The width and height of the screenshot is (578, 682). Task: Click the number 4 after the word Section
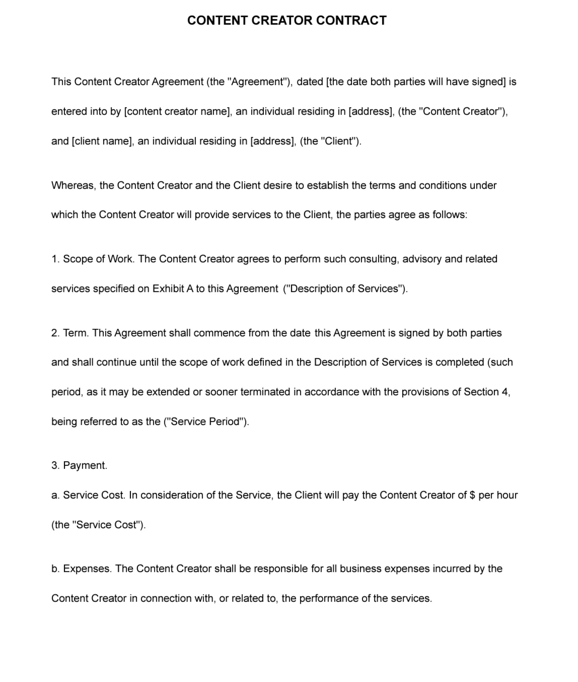click(x=504, y=392)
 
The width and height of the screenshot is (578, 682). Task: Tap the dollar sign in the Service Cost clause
click(x=472, y=495)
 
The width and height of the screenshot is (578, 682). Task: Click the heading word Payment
click(x=85, y=465)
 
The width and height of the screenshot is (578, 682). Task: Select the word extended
click(x=168, y=392)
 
